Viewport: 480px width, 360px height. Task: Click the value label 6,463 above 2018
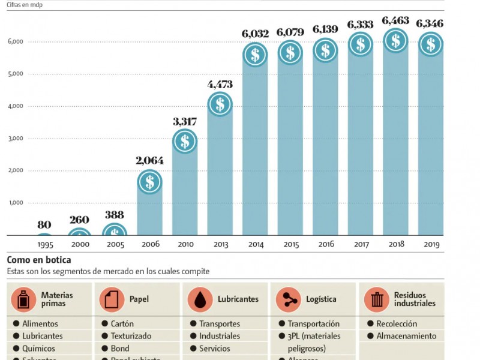tap(395, 21)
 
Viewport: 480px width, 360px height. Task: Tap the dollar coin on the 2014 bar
tap(256, 55)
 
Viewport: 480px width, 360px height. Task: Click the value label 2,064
tap(149, 160)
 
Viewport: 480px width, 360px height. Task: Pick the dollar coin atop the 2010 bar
tap(185, 141)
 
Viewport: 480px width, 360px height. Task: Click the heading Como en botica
tap(39, 260)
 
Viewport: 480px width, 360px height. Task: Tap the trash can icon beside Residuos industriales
tap(377, 299)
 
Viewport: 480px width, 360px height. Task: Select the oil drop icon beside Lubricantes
tap(200, 299)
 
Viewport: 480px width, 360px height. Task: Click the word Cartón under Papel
tap(122, 324)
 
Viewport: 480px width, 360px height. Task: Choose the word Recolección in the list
tap(397, 324)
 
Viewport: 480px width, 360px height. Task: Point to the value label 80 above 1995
tap(44, 225)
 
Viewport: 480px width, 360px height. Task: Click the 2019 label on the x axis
tap(431, 245)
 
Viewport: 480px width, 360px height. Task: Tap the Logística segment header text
tap(321, 299)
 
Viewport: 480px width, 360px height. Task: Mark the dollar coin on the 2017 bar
tap(361, 44)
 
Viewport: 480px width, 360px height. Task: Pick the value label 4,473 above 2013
tap(220, 85)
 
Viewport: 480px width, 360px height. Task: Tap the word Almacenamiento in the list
tap(406, 336)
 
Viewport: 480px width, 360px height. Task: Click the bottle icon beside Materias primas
tap(23, 299)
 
